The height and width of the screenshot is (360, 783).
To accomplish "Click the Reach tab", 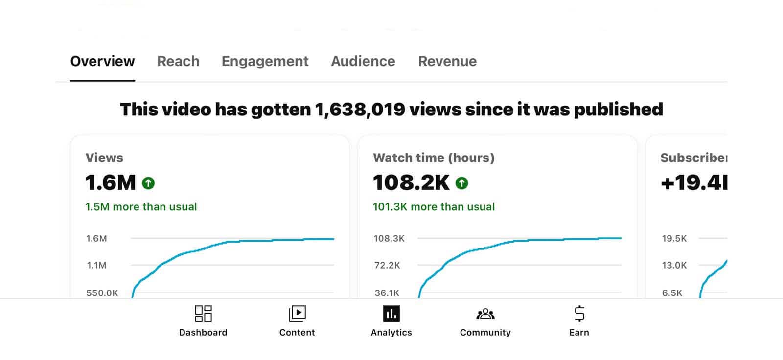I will coord(178,61).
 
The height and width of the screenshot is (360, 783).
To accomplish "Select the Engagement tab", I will coord(265,61).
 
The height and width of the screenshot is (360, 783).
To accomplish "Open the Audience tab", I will coord(363,61).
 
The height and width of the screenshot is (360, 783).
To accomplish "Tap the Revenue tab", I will coord(447,61).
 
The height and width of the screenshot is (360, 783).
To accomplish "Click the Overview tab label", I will coord(102,61).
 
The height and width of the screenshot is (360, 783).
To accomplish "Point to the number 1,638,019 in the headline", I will coord(360,109).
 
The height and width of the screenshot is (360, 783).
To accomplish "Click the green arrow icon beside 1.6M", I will coord(148,183).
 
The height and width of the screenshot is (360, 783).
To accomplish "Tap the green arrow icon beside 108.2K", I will coord(461,183).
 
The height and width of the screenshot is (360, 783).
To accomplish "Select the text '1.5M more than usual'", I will coord(141,207).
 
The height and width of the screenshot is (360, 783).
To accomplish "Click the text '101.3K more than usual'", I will coord(434,207).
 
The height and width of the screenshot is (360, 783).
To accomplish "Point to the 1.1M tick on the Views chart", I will coord(96,266).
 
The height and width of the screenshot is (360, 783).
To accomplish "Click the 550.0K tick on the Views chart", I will coord(102,293).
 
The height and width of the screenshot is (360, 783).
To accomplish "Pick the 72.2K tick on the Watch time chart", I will coord(387,266).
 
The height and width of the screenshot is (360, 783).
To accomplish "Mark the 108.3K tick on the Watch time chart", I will coord(389,239).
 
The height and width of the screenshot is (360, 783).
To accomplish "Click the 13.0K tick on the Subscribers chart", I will coord(674,266).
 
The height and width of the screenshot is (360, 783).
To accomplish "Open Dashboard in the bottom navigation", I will coord(203,320).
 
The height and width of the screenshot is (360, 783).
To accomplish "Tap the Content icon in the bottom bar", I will coord(297,314).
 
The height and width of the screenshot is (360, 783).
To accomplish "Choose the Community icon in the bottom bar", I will coord(485,314).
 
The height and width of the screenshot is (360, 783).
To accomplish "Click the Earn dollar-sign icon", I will coord(579,314).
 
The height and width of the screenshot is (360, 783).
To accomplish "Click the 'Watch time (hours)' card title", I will coord(434,158).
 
